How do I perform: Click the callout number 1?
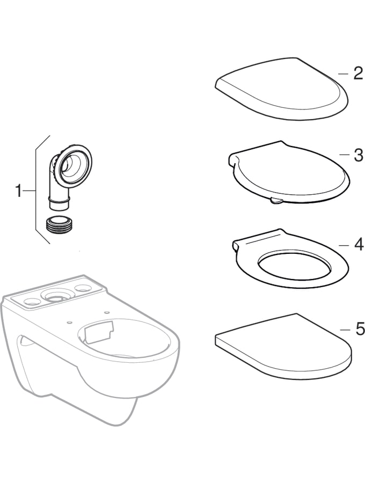tap(19, 191)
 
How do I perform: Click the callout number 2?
tap(358, 74)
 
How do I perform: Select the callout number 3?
tap(358, 155)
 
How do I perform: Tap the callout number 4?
tap(358, 245)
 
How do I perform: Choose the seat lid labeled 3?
tap(289, 173)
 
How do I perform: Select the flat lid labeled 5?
tap(283, 347)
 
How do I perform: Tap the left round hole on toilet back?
tap(31, 302)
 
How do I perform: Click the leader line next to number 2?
tap(343, 74)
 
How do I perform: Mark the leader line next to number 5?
tap(345, 330)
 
